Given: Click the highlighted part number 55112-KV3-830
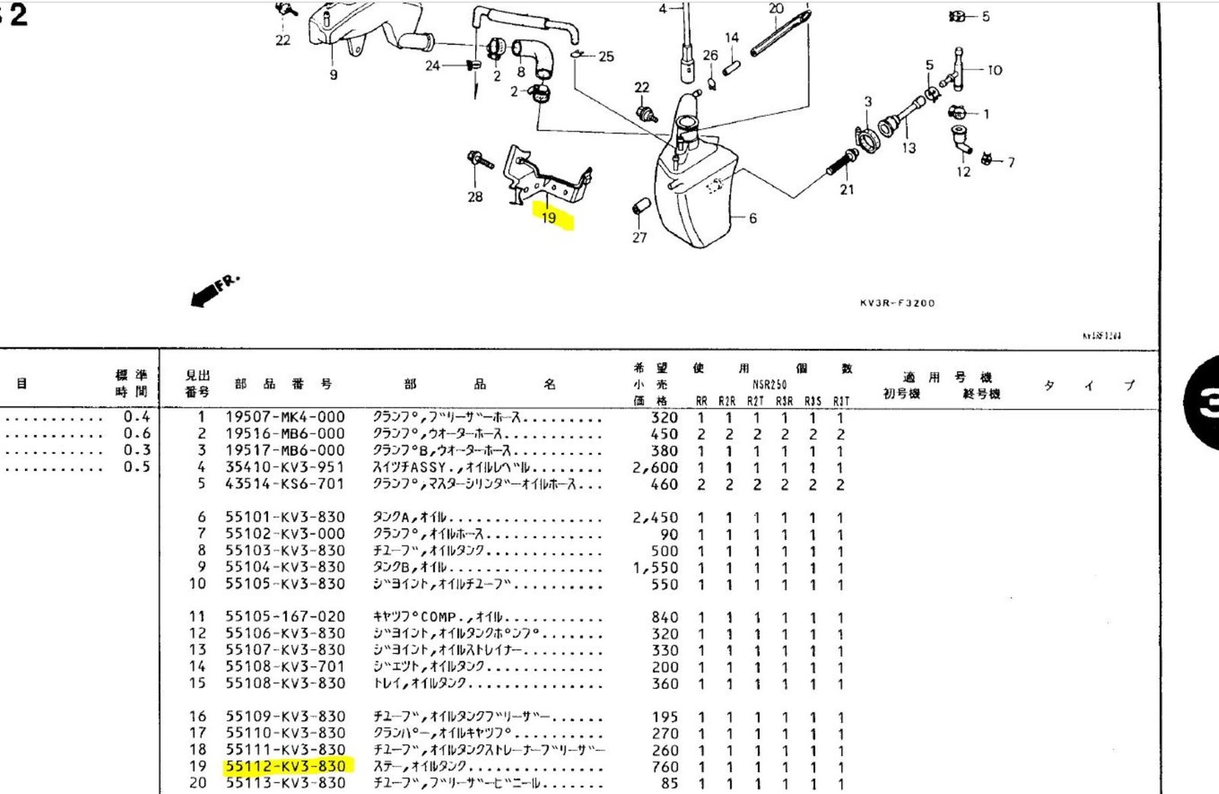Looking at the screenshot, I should pyautogui.click(x=286, y=767).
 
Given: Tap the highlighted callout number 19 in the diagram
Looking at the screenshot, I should pyautogui.click(x=549, y=218).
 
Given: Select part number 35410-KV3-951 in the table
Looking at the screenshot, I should pyautogui.click(x=285, y=467).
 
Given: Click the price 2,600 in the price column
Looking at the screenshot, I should pyautogui.click(x=654, y=468).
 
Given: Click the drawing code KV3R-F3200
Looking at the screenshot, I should pyautogui.click(x=897, y=303).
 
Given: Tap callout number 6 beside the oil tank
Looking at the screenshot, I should pyautogui.click(x=753, y=219).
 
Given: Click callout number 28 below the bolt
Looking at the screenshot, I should pyautogui.click(x=475, y=197).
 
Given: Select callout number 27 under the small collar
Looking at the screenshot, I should pyautogui.click(x=639, y=238).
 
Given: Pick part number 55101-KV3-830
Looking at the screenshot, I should pyautogui.click(x=285, y=517).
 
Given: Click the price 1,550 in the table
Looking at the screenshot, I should pyautogui.click(x=654, y=568).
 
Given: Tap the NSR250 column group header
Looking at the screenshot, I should pyautogui.click(x=769, y=385).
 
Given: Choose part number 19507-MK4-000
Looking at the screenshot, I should pyautogui.click(x=285, y=418).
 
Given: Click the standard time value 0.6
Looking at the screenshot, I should pyautogui.click(x=137, y=434).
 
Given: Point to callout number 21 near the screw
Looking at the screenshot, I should pyautogui.click(x=846, y=190).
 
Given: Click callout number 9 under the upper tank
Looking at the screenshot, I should pyautogui.click(x=333, y=75).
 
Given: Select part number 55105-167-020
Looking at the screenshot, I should pyautogui.click(x=285, y=617).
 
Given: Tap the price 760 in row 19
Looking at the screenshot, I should pyautogui.click(x=664, y=767).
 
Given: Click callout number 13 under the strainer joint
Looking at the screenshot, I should pyautogui.click(x=908, y=148).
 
